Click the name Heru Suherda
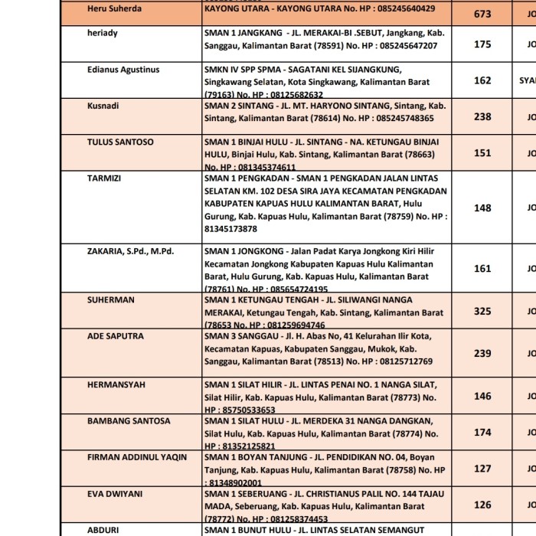[x=114, y=8]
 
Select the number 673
[x=482, y=14]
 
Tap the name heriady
[x=103, y=34]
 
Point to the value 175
[x=482, y=44]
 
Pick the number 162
[x=482, y=80]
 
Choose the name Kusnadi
[x=103, y=106]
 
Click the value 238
[x=482, y=116]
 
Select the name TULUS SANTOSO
[x=120, y=142]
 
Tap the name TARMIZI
[x=105, y=178]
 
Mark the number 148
[x=482, y=208]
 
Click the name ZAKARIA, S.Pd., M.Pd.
[x=131, y=250]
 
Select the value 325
[x=482, y=311]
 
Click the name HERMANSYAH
[x=116, y=384]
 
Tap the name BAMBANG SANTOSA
[x=125, y=420]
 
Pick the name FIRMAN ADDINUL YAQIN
[x=137, y=457]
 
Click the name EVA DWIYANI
[x=115, y=494]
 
